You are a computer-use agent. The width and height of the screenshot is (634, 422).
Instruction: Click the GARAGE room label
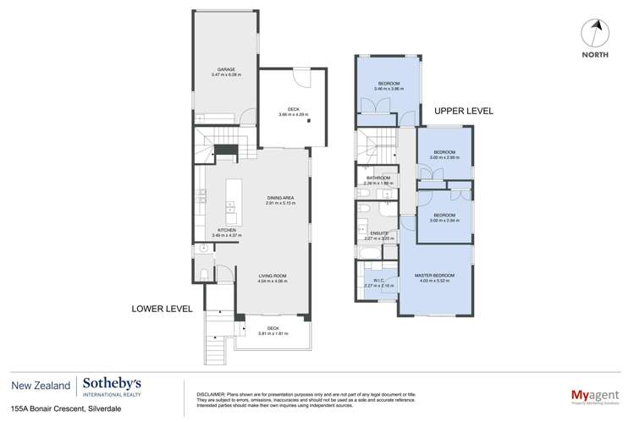coord(225,69)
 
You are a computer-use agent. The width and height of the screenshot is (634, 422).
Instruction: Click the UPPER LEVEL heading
coord(463,111)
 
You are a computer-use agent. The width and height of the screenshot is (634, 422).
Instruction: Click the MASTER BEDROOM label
coord(435,276)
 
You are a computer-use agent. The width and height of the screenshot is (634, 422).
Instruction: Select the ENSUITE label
coord(372,234)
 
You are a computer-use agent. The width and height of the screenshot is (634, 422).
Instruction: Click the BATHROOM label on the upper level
coord(376,178)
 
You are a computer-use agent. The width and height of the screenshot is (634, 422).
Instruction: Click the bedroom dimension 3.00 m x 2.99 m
coord(444,158)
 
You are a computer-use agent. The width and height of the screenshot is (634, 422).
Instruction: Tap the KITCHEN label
coord(226,230)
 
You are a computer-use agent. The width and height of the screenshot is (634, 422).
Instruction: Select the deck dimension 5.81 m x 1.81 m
coord(273,333)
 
